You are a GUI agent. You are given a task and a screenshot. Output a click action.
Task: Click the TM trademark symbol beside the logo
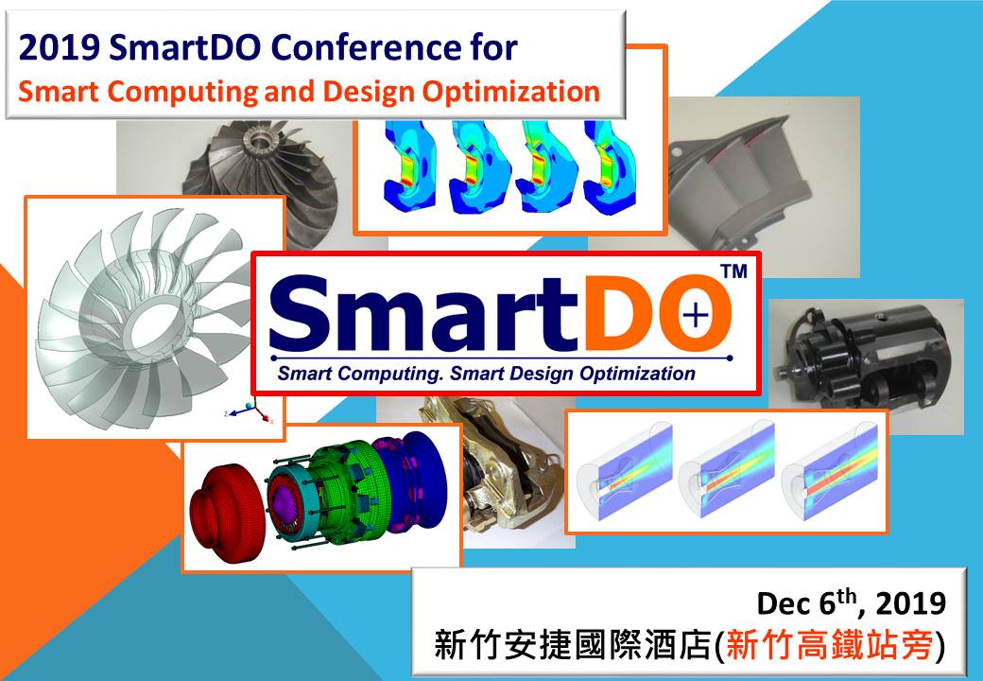pos(733,272)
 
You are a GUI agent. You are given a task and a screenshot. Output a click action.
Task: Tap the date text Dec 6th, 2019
pos(851,602)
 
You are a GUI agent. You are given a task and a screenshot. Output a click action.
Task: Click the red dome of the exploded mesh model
pos(228,502)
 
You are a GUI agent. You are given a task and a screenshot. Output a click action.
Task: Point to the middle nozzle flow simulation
pos(726,470)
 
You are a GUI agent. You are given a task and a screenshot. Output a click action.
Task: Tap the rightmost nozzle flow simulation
pos(829,470)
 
